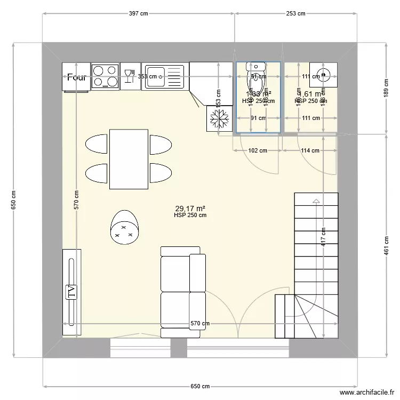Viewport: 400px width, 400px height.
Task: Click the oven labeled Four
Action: click(76, 76)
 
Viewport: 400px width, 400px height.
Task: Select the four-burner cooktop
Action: click(105, 76)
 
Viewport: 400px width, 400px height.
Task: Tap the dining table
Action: click(128, 159)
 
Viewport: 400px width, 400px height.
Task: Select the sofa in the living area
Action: click(182, 292)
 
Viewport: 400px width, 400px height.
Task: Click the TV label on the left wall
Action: click(70, 292)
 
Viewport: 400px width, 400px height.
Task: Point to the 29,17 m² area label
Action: click(190, 209)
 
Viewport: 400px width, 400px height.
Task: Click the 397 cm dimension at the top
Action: click(138, 14)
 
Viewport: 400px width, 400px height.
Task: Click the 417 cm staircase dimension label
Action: click(323, 233)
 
